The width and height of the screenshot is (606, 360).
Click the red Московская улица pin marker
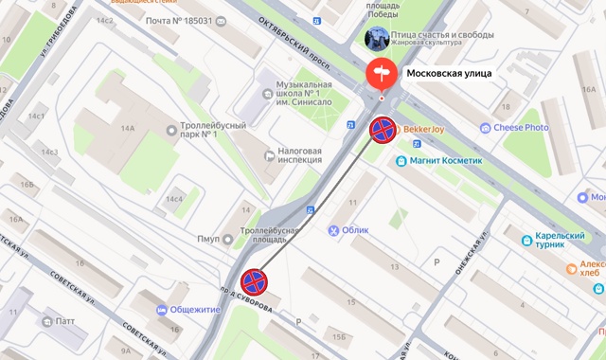[382, 74]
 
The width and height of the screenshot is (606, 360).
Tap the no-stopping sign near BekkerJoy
[382, 130]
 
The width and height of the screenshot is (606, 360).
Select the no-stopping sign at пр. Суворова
[253, 281]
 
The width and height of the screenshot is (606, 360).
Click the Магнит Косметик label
[446, 161]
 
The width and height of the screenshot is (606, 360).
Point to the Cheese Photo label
[521, 127]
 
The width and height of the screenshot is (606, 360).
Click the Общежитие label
[196, 310]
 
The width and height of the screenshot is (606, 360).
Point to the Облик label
[355, 230]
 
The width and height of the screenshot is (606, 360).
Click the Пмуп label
[209, 239]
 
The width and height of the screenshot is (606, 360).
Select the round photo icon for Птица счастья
[375, 39]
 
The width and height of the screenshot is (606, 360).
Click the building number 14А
[127, 129]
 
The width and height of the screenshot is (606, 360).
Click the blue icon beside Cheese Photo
[486, 127]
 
